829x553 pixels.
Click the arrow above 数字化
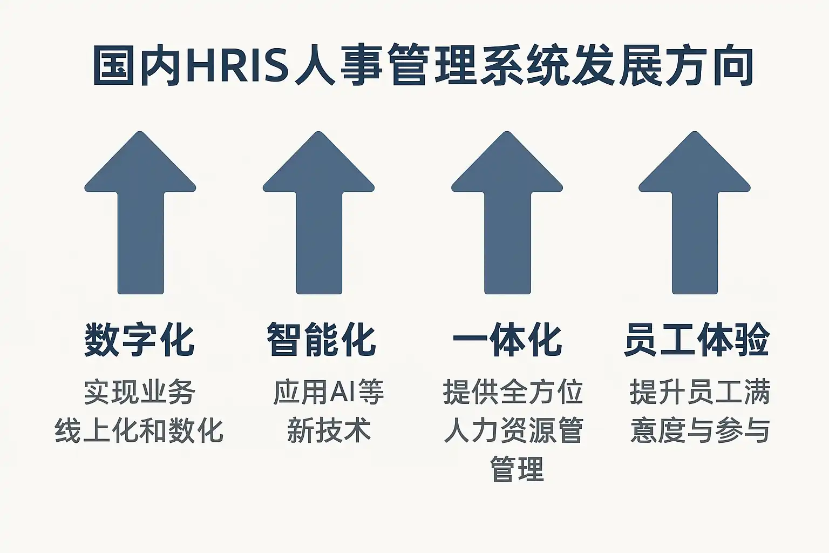(x=140, y=216)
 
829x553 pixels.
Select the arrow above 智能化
(x=318, y=216)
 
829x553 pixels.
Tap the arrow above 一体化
(x=507, y=216)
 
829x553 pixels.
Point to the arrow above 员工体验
(x=695, y=216)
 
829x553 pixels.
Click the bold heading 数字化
(x=139, y=340)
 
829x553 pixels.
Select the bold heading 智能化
(x=321, y=340)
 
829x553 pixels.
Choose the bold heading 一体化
(x=507, y=340)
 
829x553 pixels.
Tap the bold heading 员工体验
(x=697, y=340)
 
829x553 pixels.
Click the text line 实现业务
(x=139, y=392)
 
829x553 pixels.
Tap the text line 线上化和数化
(x=139, y=431)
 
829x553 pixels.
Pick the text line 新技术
(x=329, y=431)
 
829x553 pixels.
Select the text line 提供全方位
(x=513, y=392)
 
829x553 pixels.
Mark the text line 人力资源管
(x=513, y=431)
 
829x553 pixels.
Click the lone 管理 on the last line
(x=517, y=469)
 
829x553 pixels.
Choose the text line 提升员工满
(x=699, y=392)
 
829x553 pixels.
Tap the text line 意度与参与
(x=700, y=431)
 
